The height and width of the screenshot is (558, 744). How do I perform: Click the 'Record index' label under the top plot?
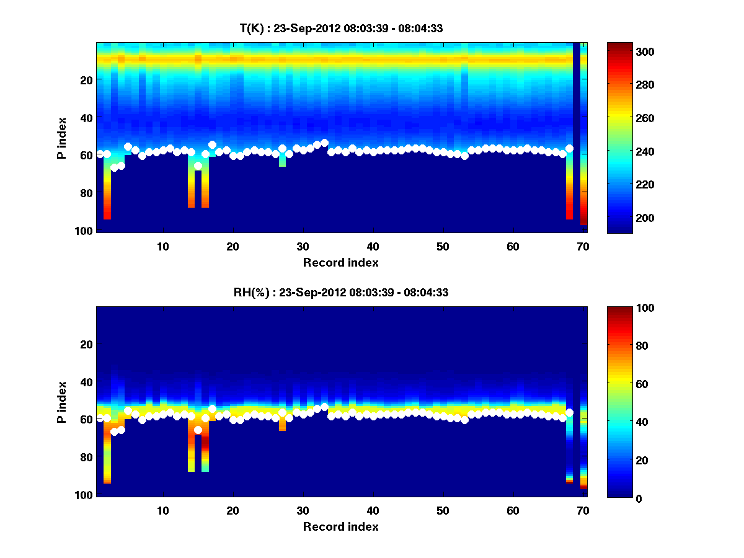point(341,262)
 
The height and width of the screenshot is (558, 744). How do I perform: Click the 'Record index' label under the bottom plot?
point(341,526)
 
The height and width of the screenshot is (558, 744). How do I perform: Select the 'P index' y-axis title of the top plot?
point(61,138)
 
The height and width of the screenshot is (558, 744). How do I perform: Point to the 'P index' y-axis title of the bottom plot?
point(61,402)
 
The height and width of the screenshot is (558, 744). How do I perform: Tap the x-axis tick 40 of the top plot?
point(373,246)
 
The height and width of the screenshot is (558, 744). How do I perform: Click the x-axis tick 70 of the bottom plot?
point(583,510)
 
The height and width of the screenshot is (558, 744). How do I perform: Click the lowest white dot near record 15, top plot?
point(198,166)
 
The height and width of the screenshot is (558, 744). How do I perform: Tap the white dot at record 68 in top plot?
point(569,149)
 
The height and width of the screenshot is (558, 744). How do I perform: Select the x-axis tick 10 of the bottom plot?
point(162,510)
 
